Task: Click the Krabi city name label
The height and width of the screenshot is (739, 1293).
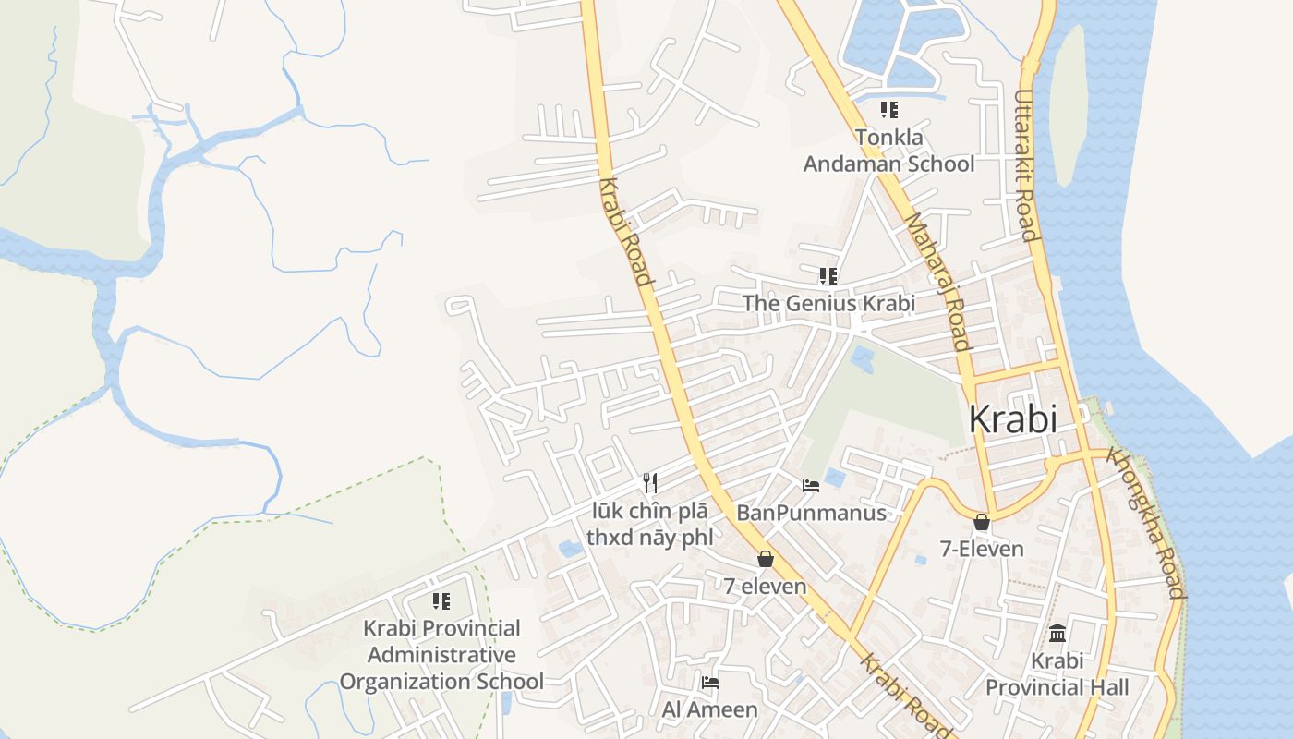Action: [x=1012, y=419]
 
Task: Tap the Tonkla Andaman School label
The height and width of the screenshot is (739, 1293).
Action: [x=888, y=151]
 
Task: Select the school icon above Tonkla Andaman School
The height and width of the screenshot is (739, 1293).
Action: [x=888, y=110]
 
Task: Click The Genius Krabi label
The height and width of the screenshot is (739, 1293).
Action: [x=828, y=303]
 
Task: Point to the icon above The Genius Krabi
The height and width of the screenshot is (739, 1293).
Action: [x=828, y=275]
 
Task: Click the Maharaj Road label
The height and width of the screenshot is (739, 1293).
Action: [x=937, y=283]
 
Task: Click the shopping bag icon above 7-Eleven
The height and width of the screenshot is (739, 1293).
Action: [x=982, y=522]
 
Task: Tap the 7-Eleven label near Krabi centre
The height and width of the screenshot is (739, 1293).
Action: [x=982, y=549]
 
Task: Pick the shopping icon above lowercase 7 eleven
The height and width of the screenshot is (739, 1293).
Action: [x=765, y=559]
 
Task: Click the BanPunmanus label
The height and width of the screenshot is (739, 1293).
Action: [x=811, y=513]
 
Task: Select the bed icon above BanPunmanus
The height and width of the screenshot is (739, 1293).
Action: [x=811, y=485]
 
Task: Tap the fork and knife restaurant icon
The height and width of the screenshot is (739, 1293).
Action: [x=650, y=482]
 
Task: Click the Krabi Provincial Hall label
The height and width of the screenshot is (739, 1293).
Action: [x=1057, y=674]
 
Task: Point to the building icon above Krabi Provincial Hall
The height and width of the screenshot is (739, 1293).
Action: [x=1057, y=634]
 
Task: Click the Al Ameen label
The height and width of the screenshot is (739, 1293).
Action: [x=709, y=709]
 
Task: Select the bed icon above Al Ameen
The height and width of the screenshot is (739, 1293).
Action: [x=709, y=683]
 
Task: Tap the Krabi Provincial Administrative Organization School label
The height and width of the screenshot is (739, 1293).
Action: [x=441, y=655]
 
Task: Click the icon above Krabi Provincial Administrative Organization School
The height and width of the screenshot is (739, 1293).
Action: [x=441, y=601]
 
